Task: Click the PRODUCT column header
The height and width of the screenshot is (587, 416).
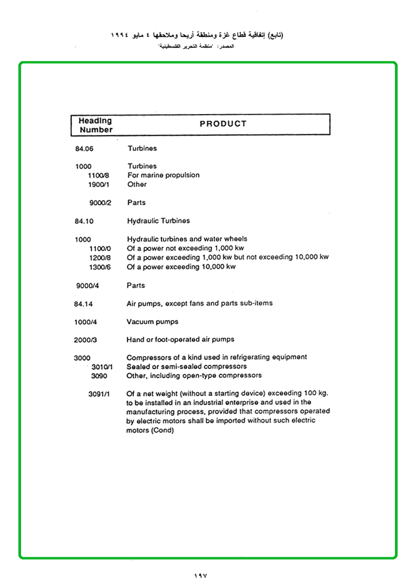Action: (223, 124)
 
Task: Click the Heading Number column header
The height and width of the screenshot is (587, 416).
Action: (96, 125)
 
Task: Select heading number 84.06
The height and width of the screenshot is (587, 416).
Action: (84, 149)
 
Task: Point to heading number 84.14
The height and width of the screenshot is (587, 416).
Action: (84, 304)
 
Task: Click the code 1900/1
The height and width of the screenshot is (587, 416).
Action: (99, 185)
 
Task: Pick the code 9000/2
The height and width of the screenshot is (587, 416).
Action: (100, 203)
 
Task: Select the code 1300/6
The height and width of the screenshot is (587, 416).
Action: (100, 268)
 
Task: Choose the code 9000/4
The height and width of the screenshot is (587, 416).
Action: (88, 286)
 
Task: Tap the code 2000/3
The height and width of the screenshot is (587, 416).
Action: (86, 340)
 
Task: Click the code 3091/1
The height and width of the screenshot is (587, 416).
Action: (99, 394)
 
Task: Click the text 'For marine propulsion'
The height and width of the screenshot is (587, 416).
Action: (163, 175)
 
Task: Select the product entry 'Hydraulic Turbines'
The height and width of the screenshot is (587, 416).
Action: (158, 221)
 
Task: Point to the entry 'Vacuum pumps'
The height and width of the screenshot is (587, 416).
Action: (152, 322)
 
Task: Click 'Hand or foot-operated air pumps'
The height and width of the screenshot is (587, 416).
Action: (180, 339)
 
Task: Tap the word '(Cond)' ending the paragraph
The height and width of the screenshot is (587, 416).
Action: (163, 431)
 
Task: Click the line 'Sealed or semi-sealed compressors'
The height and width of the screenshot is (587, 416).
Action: (186, 366)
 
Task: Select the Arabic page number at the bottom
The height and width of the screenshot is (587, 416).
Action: (200, 576)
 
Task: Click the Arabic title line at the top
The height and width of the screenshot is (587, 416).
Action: (197, 35)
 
